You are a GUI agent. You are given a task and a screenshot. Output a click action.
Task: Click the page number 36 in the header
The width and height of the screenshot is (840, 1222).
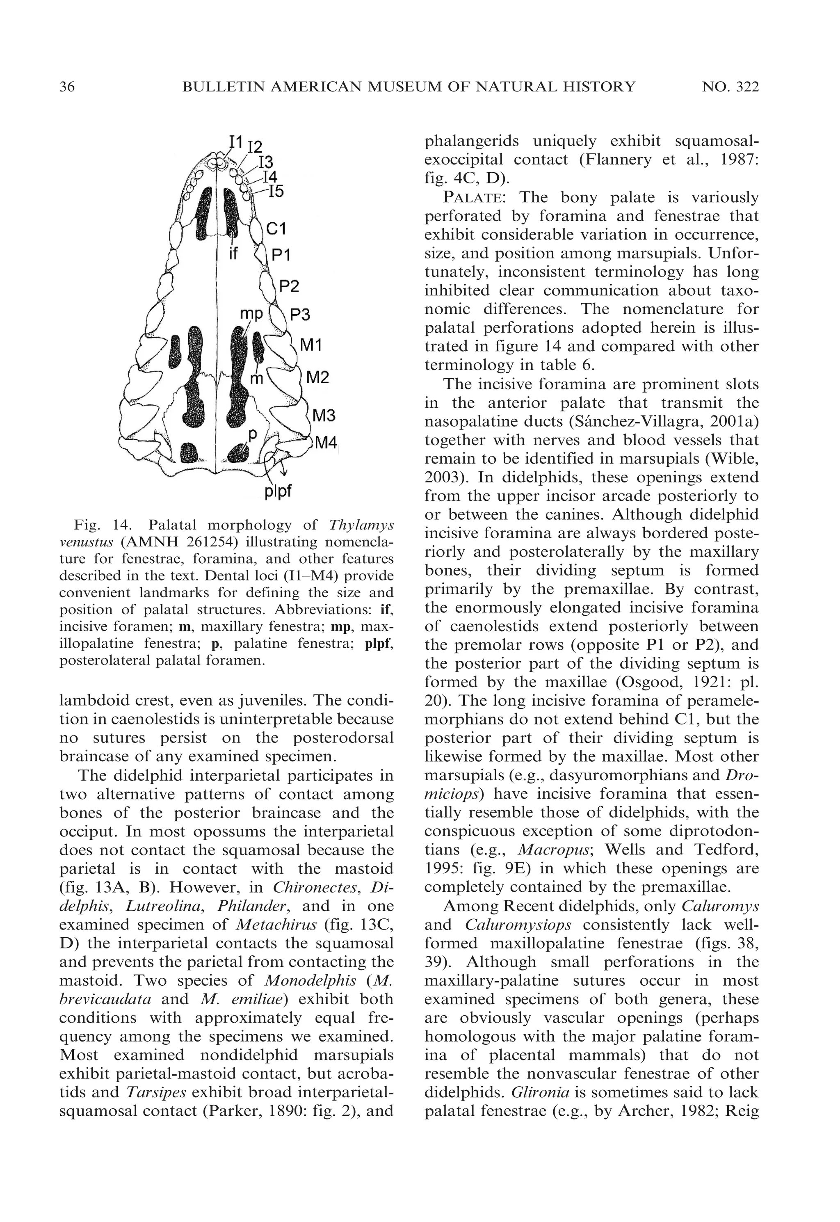click(x=67, y=87)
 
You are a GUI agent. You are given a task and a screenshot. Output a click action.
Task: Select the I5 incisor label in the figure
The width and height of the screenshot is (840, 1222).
click(x=276, y=192)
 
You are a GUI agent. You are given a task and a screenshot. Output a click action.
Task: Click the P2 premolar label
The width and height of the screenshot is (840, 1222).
click(x=288, y=286)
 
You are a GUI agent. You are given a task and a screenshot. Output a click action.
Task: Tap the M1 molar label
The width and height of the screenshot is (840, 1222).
click(x=310, y=346)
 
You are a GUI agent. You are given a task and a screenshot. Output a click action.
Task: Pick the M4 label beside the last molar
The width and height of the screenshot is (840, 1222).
click(x=326, y=443)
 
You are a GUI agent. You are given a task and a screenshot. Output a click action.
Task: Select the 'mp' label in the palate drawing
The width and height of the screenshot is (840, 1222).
click(x=251, y=314)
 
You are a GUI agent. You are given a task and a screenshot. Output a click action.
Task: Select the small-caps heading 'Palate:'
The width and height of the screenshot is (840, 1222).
click(x=476, y=197)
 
